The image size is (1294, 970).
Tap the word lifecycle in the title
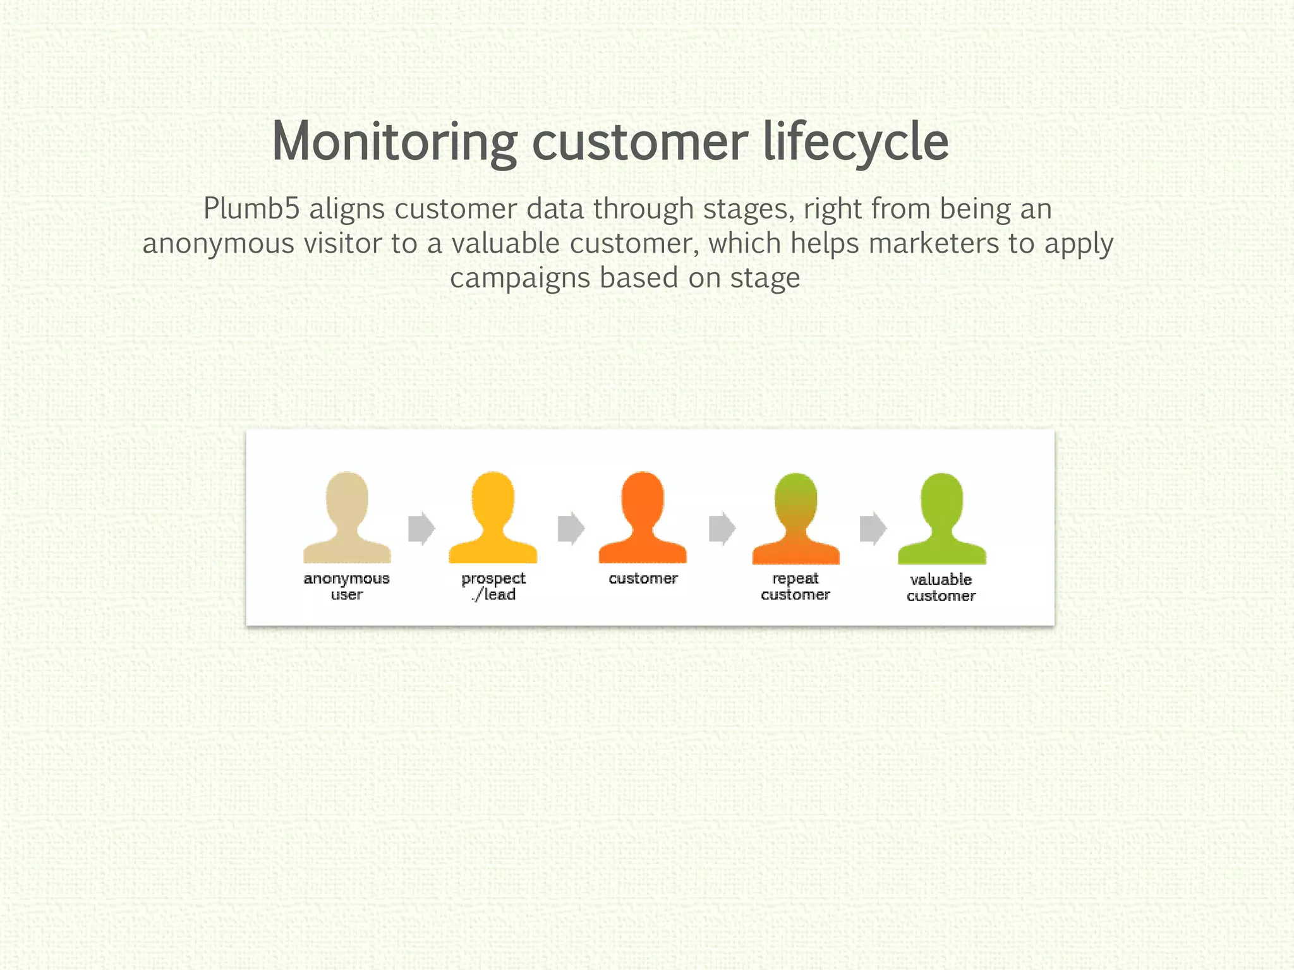[856, 143]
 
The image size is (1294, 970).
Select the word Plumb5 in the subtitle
[251, 209]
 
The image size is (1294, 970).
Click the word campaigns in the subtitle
[519, 278]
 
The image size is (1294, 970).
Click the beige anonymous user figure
[347, 517]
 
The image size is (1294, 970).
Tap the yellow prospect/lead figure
[493, 517]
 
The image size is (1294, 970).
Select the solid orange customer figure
[643, 517]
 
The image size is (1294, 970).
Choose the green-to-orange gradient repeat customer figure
[795, 518]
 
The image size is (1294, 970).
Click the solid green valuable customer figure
[941, 518]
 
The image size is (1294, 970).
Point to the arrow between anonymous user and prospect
[421, 529]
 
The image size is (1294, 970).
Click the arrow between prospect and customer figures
[571, 529]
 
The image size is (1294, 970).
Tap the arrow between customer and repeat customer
[722, 529]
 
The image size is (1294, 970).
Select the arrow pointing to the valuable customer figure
[873, 529]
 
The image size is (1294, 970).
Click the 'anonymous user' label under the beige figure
[346, 586]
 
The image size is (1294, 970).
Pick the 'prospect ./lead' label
[493, 586]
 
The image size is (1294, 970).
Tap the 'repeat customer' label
[795, 586]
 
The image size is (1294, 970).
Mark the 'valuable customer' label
[941, 587]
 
